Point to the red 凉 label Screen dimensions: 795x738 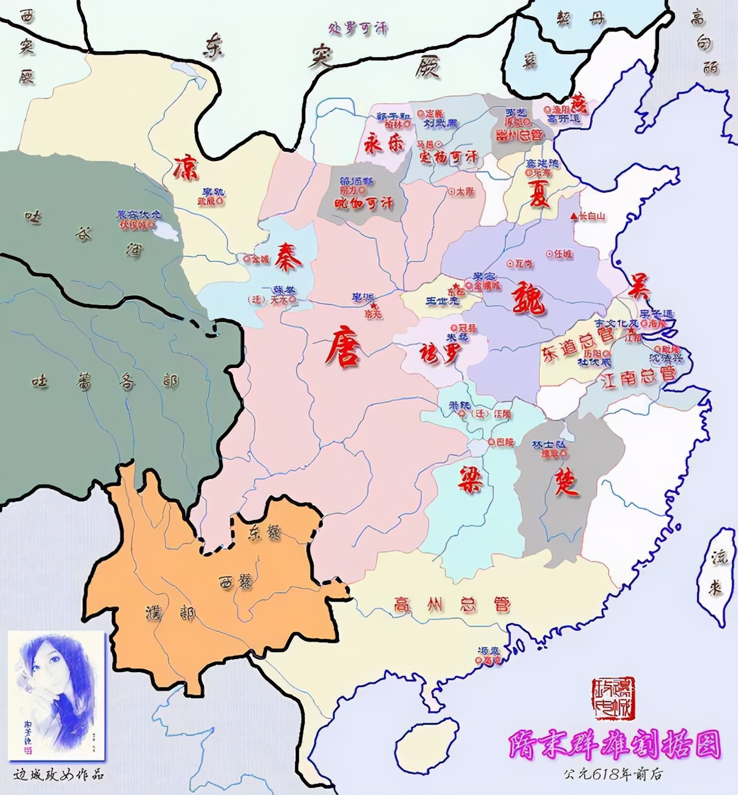point(186,167)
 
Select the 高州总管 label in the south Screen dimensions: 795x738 point(452,605)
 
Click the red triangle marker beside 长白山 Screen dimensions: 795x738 point(574,216)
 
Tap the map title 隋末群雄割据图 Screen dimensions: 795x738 point(614,745)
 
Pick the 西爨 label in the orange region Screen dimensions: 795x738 point(235,581)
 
